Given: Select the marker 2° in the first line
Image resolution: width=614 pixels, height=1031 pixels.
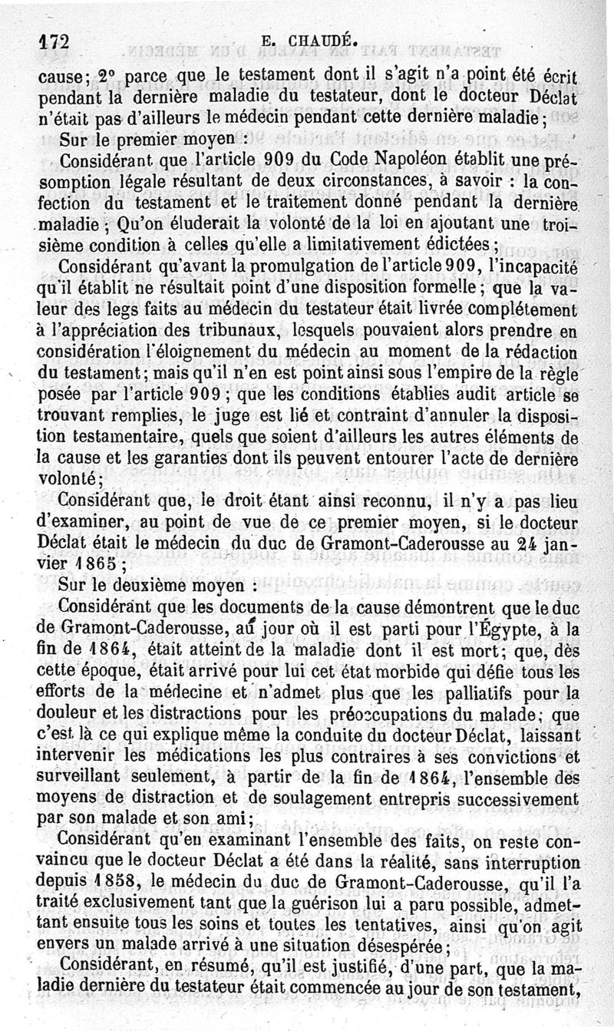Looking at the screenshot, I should (111, 78).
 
